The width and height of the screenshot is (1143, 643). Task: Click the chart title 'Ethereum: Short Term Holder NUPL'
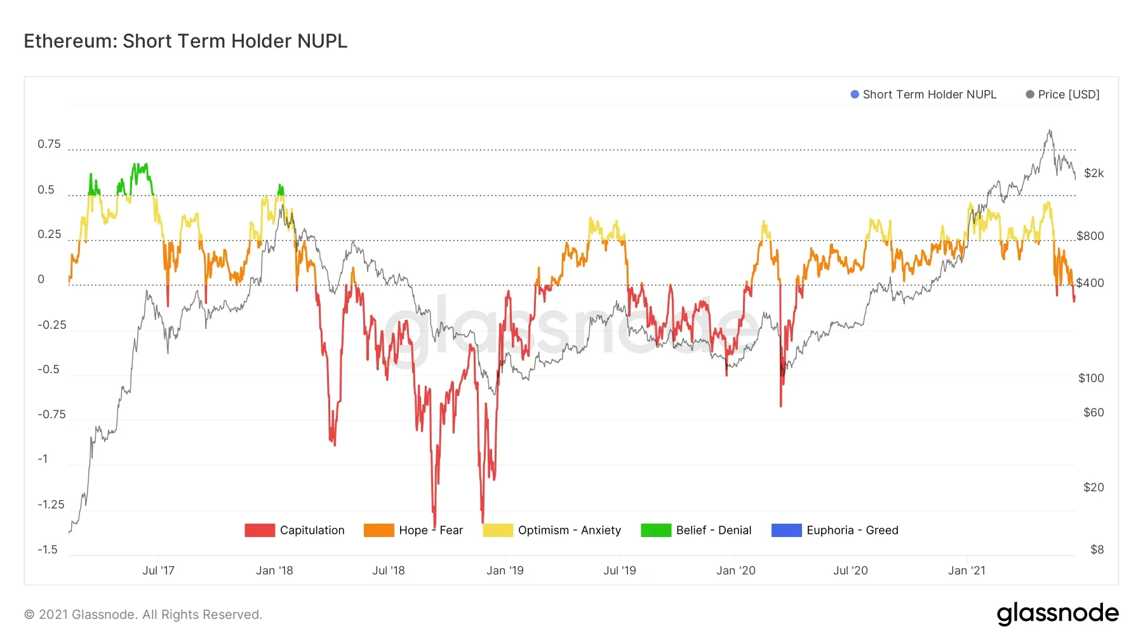click(185, 41)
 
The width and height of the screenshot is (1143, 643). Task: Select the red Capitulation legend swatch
click(259, 530)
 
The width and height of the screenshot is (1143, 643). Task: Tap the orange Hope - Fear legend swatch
click(378, 530)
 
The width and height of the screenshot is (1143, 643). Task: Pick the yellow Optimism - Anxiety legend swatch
click(497, 530)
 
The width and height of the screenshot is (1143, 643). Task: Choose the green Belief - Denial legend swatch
click(655, 530)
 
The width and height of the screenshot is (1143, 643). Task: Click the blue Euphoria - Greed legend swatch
click(786, 530)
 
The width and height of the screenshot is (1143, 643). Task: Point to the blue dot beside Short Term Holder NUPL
click(854, 95)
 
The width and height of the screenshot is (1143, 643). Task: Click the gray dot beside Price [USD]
click(1029, 95)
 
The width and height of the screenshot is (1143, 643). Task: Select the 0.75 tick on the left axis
click(49, 144)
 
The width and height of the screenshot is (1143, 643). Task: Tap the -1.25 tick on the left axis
click(51, 505)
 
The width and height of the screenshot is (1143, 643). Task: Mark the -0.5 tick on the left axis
click(48, 369)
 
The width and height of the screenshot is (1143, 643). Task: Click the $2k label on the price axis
click(1093, 173)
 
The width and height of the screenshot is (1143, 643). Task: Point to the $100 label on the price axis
click(1091, 378)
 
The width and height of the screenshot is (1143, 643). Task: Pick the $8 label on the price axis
click(1097, 550)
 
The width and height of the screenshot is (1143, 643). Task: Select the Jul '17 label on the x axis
click(158, 571)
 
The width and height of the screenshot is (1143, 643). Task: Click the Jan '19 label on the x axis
click(505, 571)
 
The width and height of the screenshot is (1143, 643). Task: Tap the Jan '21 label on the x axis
click(966, 571)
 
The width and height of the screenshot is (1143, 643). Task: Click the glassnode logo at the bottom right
click(1057, 614)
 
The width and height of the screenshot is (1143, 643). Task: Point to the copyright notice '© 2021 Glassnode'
click(143, 614)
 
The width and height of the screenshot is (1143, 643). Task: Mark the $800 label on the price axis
click(1090, 236)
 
